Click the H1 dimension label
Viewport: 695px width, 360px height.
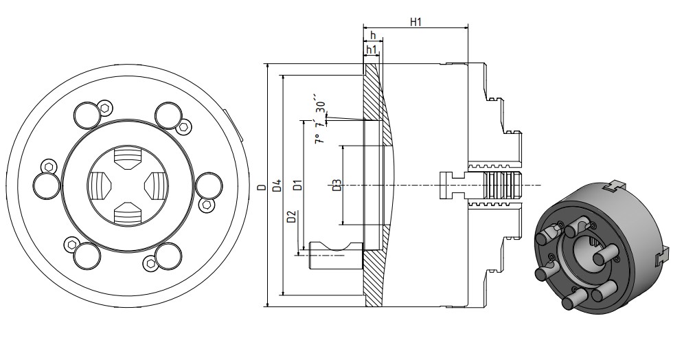(x=415, y=22)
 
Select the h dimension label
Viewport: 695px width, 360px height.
(x=372, y=36)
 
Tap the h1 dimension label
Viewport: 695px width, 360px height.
(x=372, y=49)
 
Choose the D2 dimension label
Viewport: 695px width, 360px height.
(x=292, y=218)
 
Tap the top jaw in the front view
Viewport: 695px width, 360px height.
(x=126, y=159)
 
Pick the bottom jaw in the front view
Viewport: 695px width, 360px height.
(x=126, y=213)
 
